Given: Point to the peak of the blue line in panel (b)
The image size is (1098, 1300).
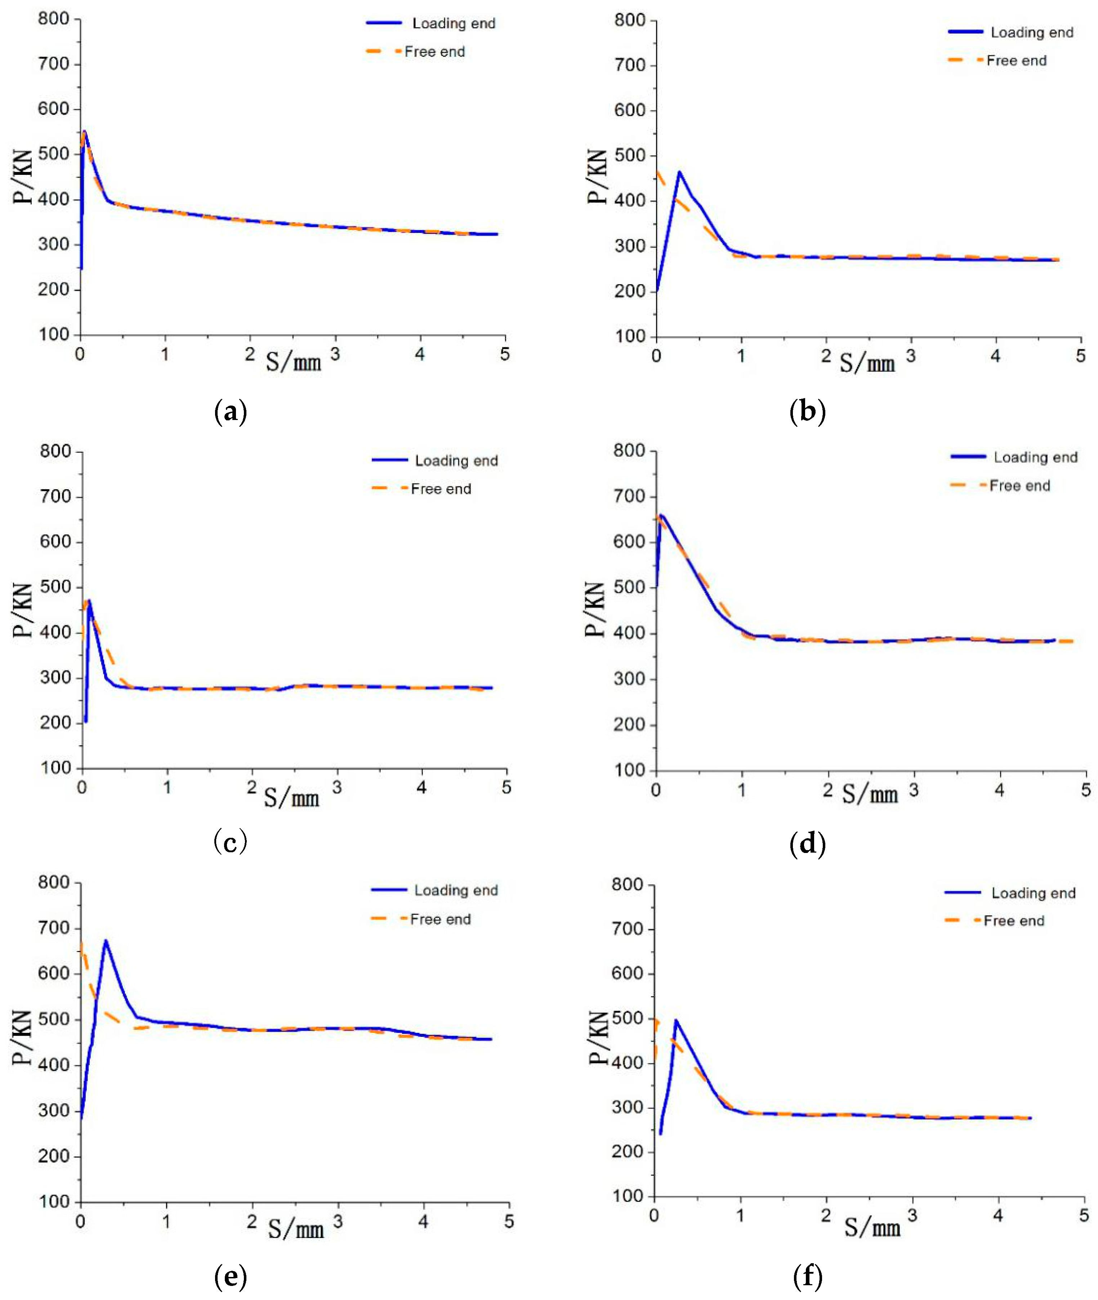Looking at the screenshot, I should pos(679,172).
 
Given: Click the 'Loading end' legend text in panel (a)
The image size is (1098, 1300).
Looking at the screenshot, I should pos(454,24).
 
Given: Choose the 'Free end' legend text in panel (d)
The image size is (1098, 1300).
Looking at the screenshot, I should pos(1019,486).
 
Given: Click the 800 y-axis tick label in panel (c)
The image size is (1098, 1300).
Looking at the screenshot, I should pos(56,452).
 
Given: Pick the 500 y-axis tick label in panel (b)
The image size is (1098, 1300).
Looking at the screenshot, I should pos(630,156).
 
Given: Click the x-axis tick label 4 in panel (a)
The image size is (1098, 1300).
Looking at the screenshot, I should pos(420,354).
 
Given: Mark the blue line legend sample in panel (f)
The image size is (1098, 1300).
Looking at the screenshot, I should pos(962,893).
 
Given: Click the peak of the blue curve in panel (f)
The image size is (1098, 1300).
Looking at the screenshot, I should pos(676,1020).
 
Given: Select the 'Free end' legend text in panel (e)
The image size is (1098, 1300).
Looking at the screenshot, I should pos(441,919).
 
